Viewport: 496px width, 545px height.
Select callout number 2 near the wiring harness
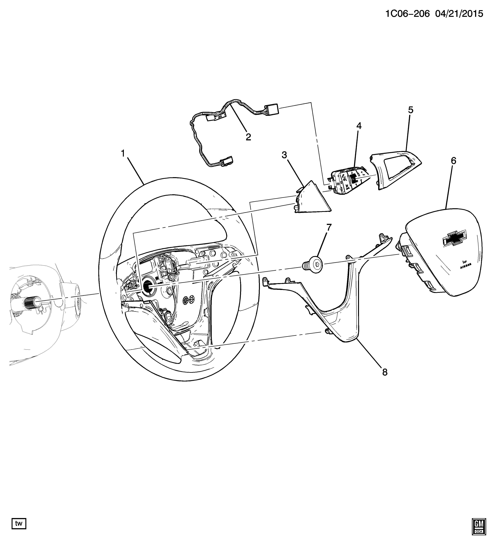coord(248,137)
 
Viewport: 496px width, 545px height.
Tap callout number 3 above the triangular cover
coord(284,155)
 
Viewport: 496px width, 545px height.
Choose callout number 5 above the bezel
coord(411,110)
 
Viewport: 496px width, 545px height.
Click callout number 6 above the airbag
coord(453,161)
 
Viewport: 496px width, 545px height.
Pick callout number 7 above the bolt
coord(329,228)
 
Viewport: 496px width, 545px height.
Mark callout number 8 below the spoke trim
coord(385,372)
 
